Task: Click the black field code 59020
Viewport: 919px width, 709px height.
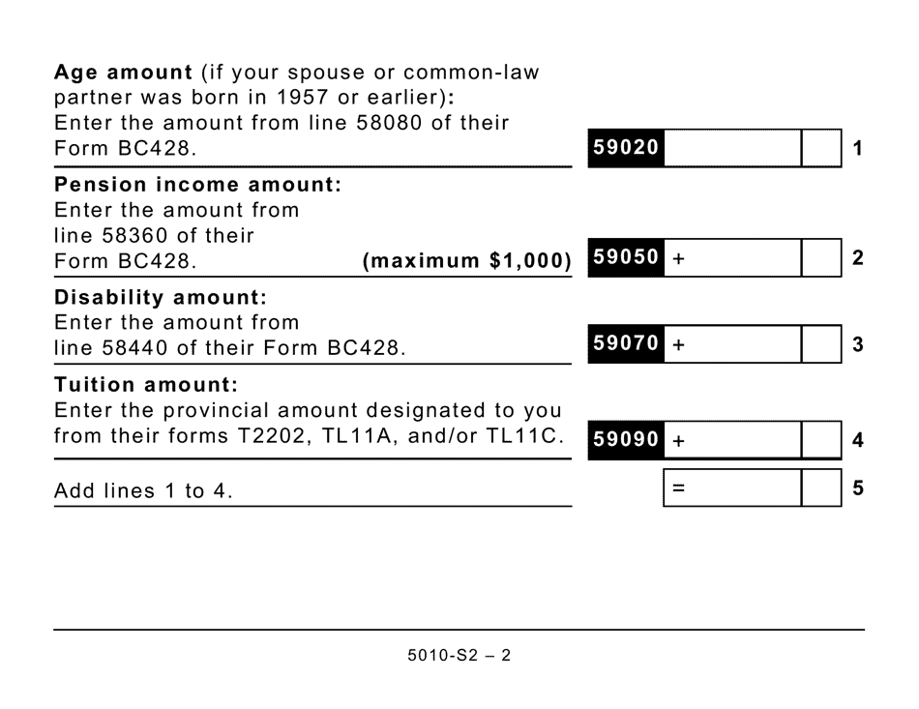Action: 625,148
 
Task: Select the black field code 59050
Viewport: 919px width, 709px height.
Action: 625,258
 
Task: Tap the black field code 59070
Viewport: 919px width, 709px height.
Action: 625,343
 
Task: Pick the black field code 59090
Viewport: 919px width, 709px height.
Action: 625,440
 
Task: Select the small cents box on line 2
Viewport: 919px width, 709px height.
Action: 821,258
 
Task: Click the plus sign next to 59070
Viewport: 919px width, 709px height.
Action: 678,344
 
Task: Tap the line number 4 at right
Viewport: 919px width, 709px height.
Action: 858,441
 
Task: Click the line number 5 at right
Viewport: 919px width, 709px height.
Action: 858,488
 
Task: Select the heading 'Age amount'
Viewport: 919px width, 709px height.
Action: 124,73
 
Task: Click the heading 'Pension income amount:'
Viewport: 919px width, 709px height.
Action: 198,185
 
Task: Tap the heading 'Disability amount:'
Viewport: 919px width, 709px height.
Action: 161,296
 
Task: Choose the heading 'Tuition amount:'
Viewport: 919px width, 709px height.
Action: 146,384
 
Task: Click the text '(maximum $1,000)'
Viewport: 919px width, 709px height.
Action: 466,261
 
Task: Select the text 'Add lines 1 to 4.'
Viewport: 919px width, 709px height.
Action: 144,490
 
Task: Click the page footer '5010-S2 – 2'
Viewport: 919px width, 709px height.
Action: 459,655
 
